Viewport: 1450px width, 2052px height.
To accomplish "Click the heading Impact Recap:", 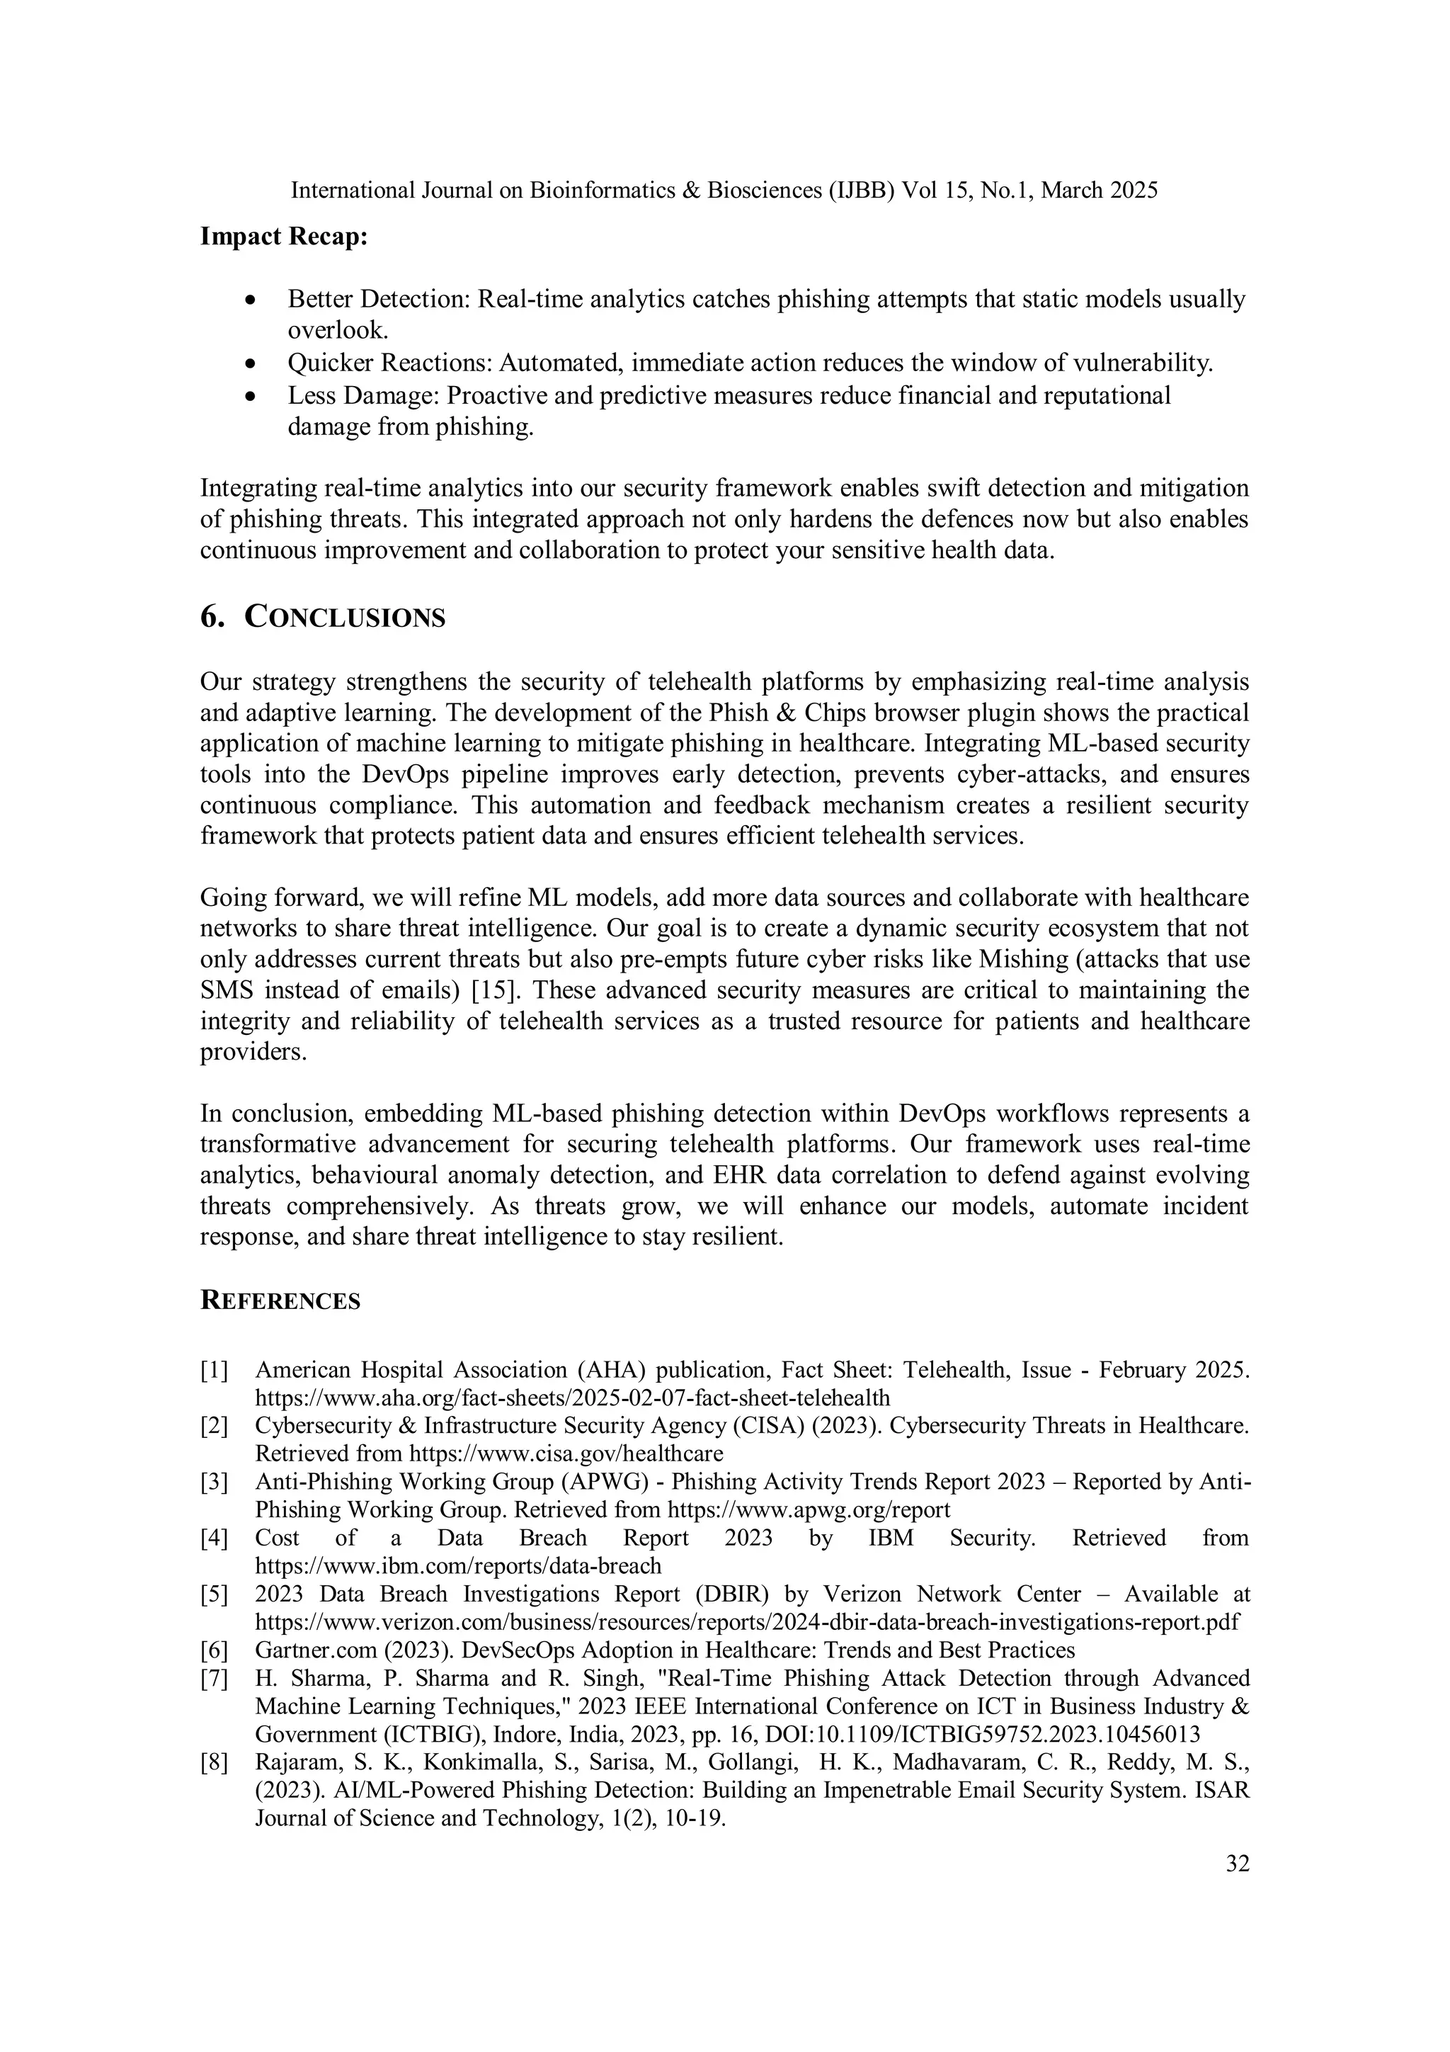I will [x=284, y=238].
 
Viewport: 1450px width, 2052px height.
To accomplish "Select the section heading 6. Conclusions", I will [x=323, y=618].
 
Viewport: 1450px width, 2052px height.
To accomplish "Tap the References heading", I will [x=280, y=1301].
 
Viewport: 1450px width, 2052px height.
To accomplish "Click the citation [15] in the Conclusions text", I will [x=496, y=990].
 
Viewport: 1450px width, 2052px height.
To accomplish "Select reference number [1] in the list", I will [x=214, y=1370].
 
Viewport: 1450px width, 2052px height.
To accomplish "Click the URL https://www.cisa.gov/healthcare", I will [x=566, y=1453].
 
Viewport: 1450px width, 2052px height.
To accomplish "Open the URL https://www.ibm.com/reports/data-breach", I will [x=458, y=1566].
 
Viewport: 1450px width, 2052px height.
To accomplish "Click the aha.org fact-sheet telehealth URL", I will [x=573, y=1398].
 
